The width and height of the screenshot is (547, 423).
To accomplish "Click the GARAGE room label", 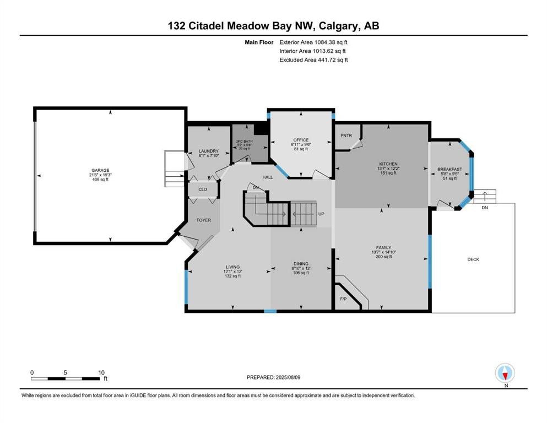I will click(100, 170).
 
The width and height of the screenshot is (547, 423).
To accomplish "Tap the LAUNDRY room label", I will click(209, 151).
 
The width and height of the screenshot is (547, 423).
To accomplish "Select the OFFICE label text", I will click(301, 140).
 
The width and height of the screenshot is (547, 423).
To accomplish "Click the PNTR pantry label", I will click(346, 135).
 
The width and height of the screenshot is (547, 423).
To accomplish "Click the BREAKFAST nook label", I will click(449, 169).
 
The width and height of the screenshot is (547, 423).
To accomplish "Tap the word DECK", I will click(473, 259).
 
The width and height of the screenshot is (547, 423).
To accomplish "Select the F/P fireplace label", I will click(343, 299).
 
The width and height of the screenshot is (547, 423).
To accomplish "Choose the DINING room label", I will click(300, 263).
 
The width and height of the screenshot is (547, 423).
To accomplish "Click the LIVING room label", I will click(232, 267).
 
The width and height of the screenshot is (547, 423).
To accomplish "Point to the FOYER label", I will click(204, 220).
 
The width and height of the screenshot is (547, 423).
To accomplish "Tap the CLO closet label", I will click(203, 189).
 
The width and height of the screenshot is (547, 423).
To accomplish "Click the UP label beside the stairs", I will click(321, 214).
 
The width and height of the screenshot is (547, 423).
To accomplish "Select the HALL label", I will click(267, 177).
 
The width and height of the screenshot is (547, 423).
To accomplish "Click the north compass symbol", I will click(505, 373).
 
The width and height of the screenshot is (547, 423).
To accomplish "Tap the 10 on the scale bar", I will click(101, 372).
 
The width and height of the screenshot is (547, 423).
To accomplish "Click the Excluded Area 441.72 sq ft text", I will click(313, 59).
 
